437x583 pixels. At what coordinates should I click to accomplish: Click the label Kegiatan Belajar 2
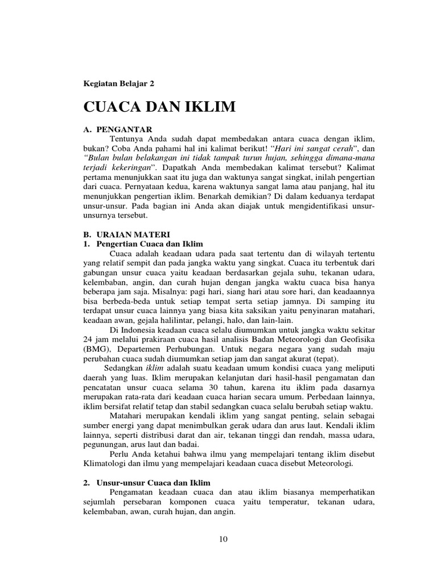(118, 83)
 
